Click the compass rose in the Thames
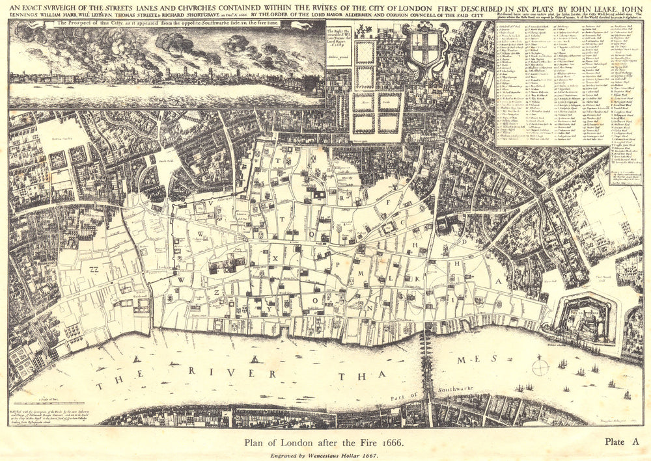(540, 367)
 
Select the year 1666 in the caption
(391, 443)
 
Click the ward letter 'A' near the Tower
(500, 282)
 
